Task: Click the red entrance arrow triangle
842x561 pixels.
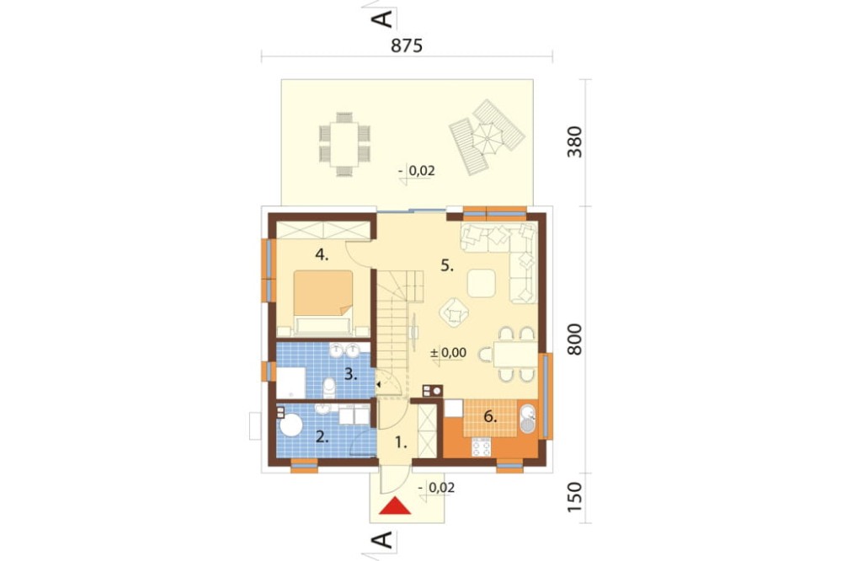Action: pos(395,506)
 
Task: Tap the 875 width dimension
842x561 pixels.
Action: pos(407,45)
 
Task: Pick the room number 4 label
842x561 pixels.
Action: pos(322,255)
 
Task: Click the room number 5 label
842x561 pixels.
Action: pos(447,265)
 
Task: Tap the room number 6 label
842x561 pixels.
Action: pos(490,416)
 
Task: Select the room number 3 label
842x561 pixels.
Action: pos(350,375)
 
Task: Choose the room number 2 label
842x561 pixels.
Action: pos(322,437)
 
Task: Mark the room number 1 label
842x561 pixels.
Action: pos(401,443)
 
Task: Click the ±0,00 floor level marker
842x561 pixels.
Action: pos(448,353)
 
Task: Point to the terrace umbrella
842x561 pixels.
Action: pos(487,138)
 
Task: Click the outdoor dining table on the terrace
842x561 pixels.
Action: pos(344,144)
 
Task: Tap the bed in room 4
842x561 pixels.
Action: pos(323,303)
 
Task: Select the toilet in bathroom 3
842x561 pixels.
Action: pos(330,387)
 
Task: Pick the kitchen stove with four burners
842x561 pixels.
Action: pos(481,447)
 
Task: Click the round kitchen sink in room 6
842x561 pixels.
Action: pos(528,413)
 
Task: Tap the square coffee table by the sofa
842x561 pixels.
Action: pos(481,283)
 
